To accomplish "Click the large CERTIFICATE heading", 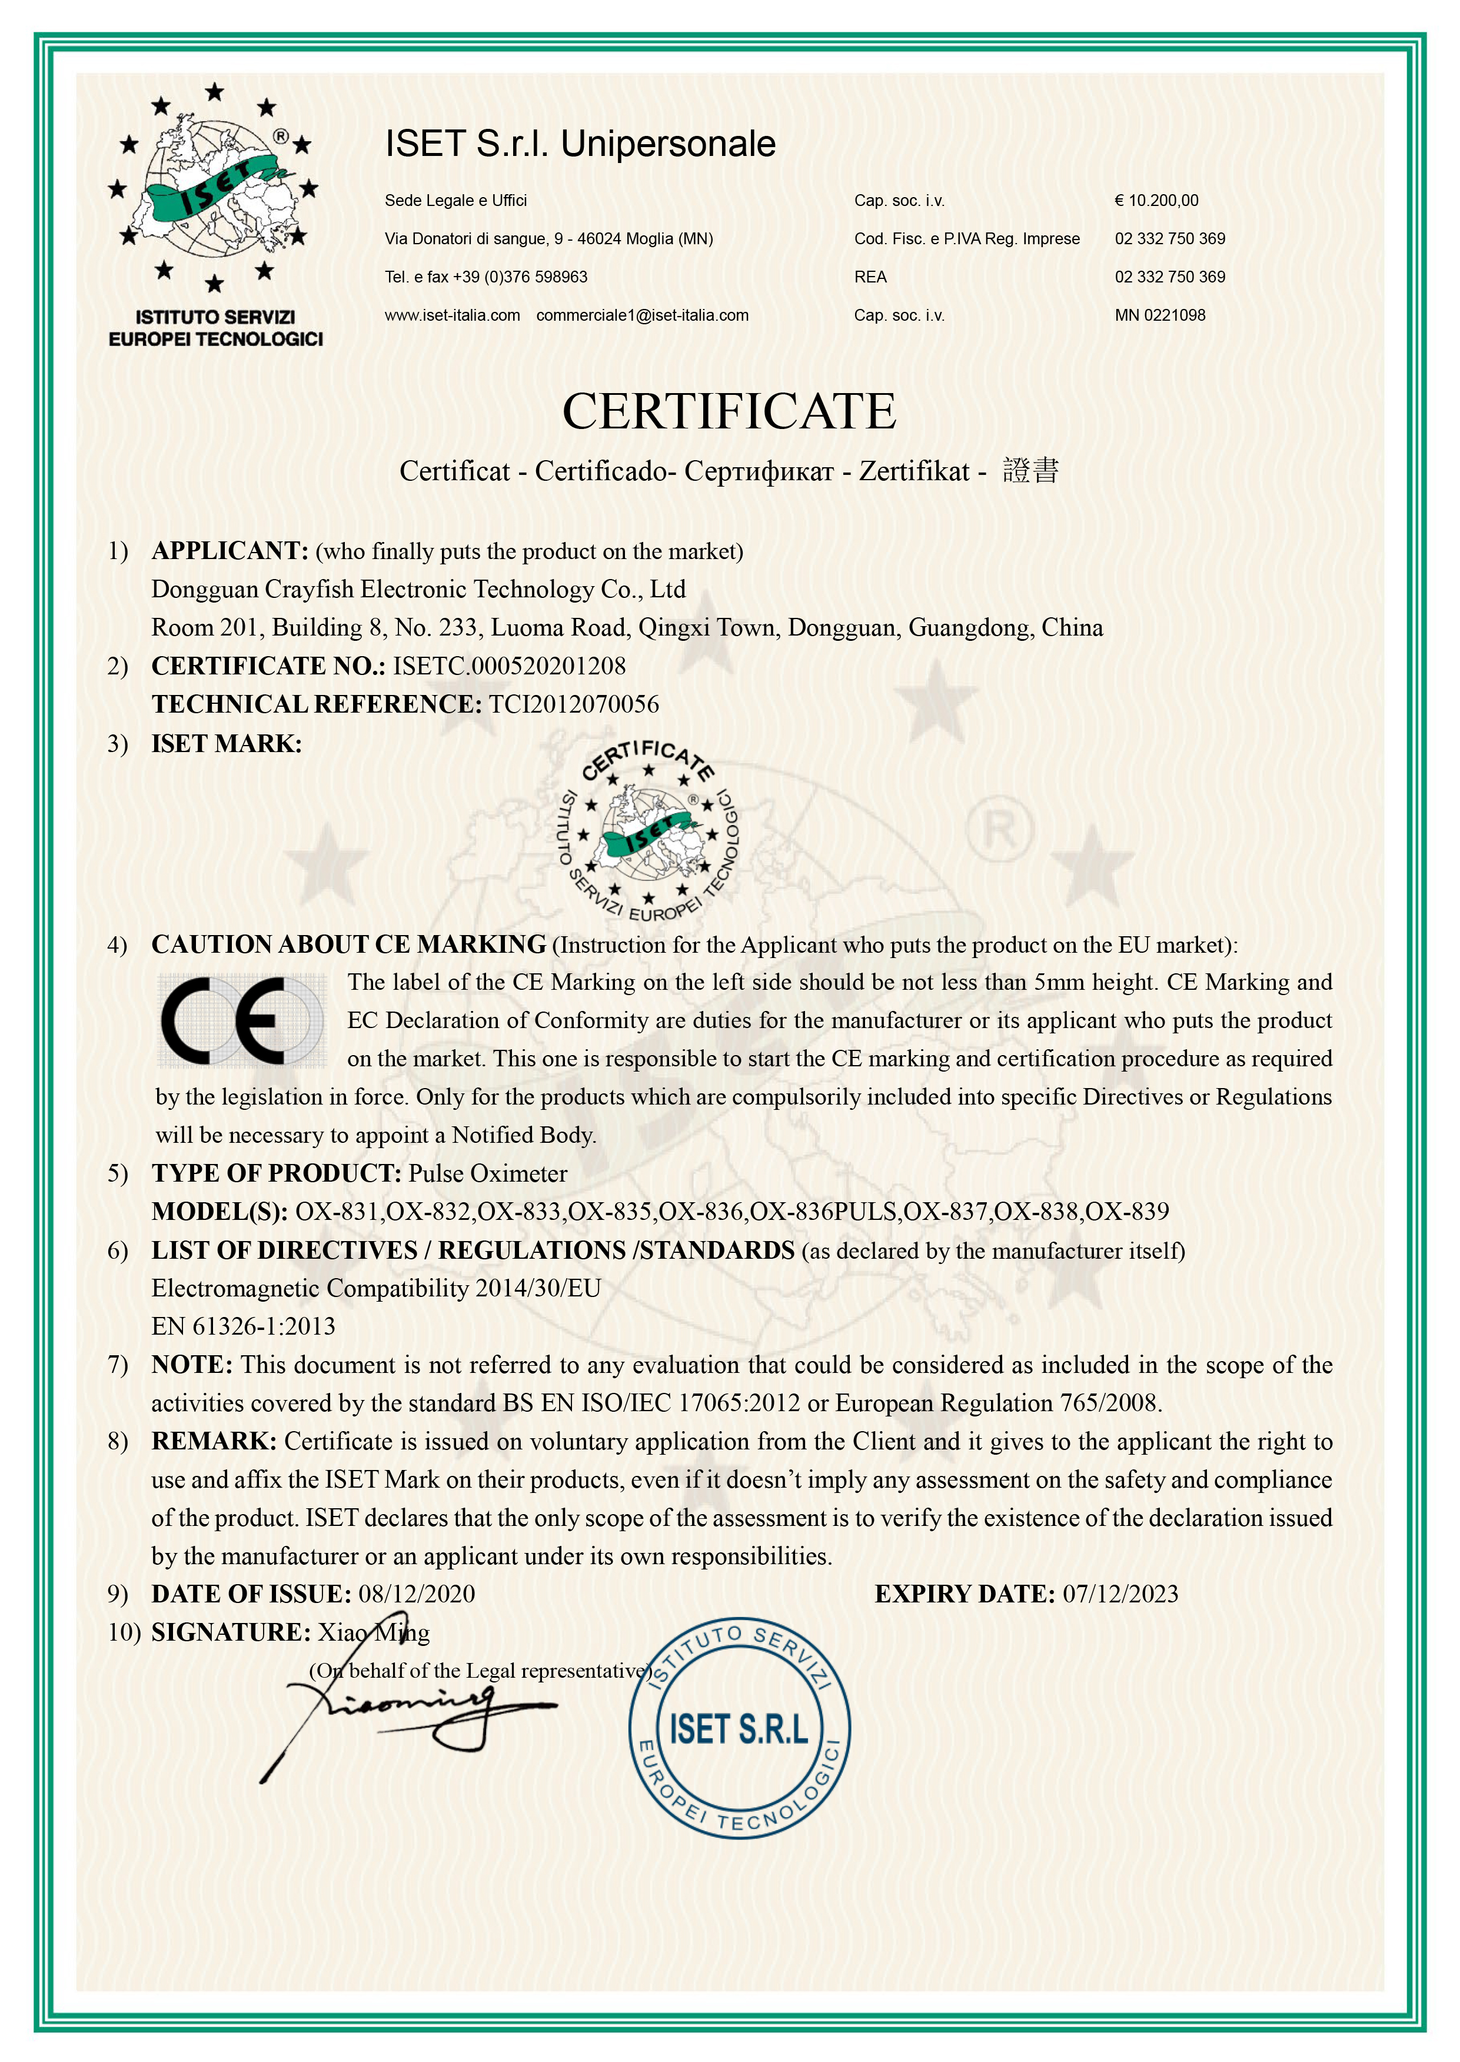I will tap(729, 412).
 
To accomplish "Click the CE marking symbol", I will tap(240, 1020).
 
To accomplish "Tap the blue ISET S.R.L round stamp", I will tap(739, 1730).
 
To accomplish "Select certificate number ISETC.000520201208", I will tap(509, 666).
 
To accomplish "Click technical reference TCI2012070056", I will tap(574, 705).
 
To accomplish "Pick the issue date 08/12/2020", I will tap(416, 1594).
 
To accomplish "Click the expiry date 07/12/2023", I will tap(1120, 1594).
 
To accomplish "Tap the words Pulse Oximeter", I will tap(488, 1173).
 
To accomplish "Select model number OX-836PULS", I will tap(823, 1212).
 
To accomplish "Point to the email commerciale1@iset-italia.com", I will tap(642, 315).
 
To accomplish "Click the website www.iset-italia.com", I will tap(452, 315).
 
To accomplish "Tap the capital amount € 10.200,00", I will tap(1156, 201).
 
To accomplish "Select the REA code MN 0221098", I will tap(1160, 315).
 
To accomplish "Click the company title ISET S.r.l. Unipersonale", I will tap(580, 144).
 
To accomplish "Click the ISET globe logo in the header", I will tap(214, 189).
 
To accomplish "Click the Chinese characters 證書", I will tap(1030, 470).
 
